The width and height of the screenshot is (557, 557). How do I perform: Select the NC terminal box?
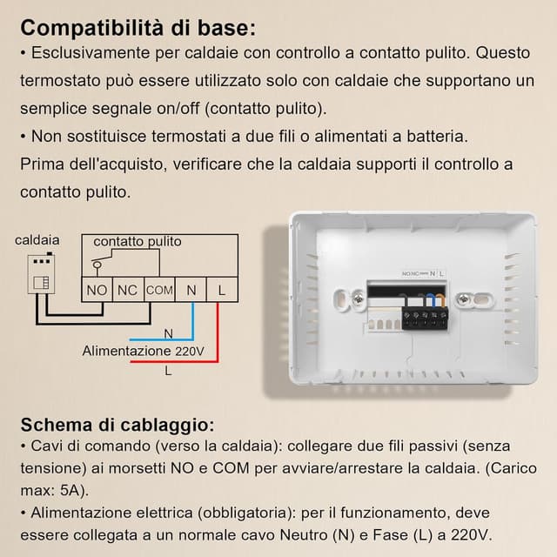(127, 289)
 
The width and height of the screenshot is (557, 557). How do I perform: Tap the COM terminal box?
(159, 289)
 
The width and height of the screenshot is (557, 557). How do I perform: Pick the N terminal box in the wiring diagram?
(191, 289)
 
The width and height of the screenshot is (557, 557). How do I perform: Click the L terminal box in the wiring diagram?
(222, 289)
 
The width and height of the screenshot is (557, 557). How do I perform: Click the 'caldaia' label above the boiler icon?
(37, 239)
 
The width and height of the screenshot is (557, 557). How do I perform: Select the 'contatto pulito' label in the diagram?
(138, 240)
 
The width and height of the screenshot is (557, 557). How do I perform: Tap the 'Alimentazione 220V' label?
(144, 351)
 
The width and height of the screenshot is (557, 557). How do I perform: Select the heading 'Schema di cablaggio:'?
(117, 425)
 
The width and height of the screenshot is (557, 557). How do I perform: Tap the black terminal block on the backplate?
(426, 314)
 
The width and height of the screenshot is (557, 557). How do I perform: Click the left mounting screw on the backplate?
(358, 300)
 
